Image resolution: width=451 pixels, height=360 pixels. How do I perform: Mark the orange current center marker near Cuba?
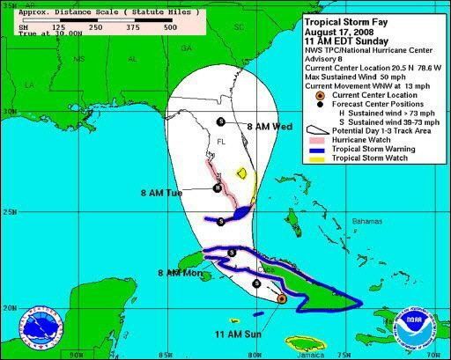(280, 298)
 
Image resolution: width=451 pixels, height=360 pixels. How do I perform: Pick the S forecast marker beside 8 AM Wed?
(220, 121)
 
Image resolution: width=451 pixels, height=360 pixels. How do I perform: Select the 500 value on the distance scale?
(169, 27)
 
